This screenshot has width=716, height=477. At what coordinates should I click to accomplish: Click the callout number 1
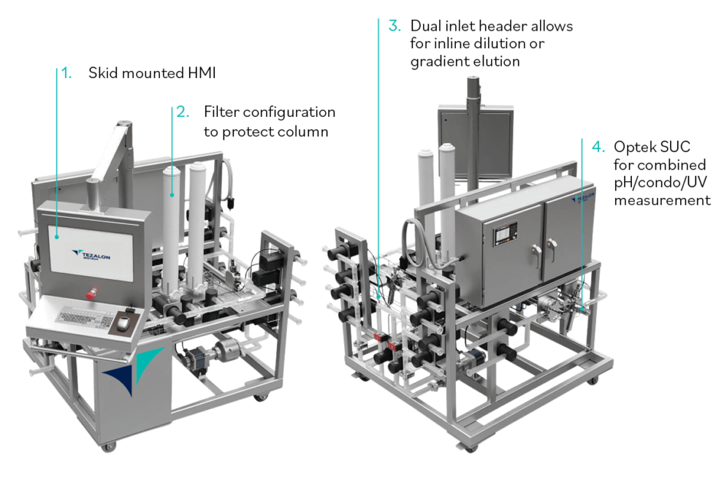tap(66, 74)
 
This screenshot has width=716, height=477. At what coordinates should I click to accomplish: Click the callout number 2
tap(181, 112)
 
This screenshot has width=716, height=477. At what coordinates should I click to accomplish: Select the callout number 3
tap(394, 26)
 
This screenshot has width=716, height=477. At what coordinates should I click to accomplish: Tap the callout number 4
tap(598, 148)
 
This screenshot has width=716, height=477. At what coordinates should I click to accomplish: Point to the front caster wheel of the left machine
tap(108, 446)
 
